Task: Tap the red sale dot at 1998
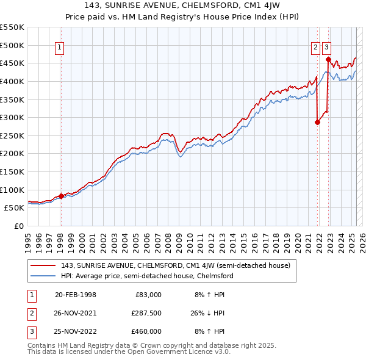tap(61, 196)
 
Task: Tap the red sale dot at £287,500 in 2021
tap(318, 122)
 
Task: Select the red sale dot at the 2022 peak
tap(328, 60)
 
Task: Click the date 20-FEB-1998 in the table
tap(76, 295)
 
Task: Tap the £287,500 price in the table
tap(146, 313)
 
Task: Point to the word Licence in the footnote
tap(178, 352)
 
